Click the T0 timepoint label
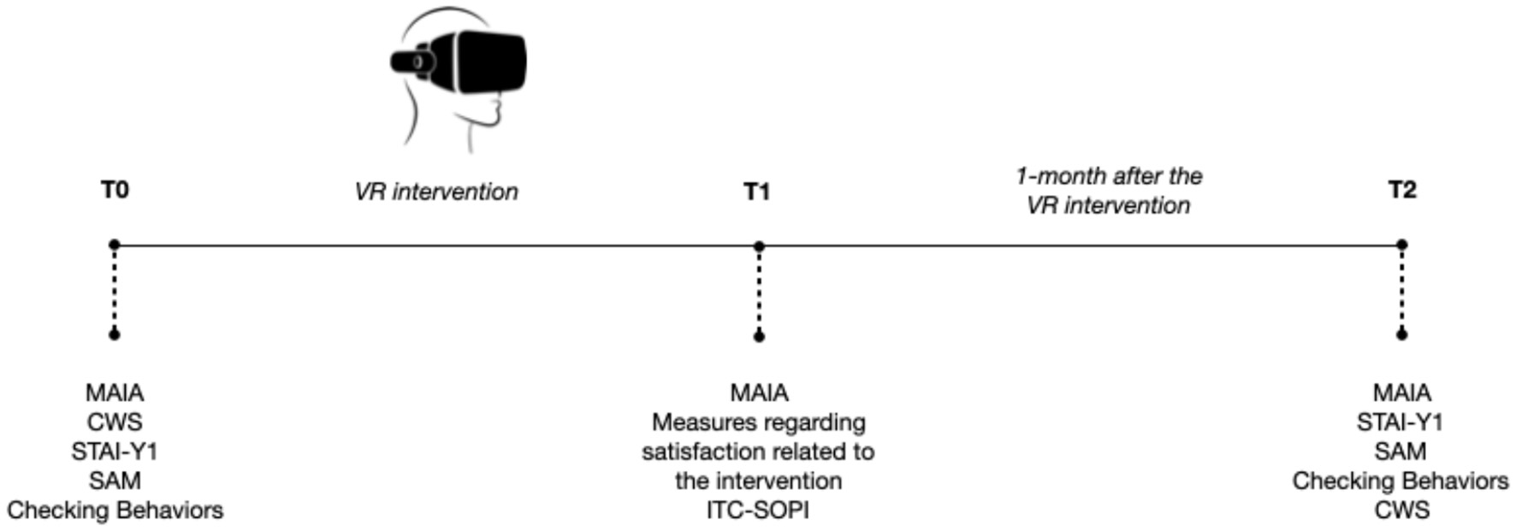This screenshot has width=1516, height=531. pos(115,189)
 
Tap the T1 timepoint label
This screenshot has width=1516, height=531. pos(756,191)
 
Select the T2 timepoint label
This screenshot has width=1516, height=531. pos(1401,189)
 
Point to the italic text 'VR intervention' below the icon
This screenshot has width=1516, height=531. pos(436,192)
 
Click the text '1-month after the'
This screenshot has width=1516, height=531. pos(1109,176)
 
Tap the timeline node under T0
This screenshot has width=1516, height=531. pos(115,245)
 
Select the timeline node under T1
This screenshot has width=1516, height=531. pos(759,246)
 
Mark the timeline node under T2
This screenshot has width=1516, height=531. pos(1401,245)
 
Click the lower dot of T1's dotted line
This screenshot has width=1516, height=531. pos(759,336)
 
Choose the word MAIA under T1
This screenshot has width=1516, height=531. pos(759,392)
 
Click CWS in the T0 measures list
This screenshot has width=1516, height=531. pos(115,422)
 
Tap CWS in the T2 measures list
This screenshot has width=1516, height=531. pos(1401,510)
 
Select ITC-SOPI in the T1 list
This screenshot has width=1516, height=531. pos(757,510)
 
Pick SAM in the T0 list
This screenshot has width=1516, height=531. pos(115,481)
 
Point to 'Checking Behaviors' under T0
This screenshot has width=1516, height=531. pos(115,510)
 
